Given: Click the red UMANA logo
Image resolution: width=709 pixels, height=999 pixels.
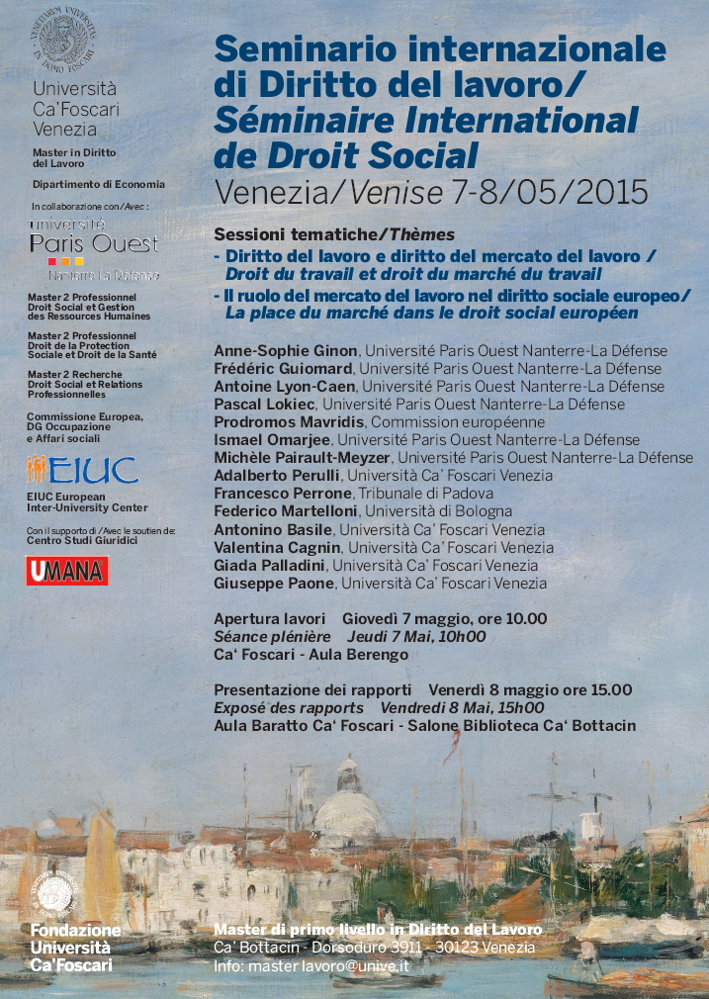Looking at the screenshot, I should pyautogui.click(x=67, y=571).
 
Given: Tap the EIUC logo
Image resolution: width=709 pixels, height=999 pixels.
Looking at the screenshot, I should pyautogui.click(x=83, y=469).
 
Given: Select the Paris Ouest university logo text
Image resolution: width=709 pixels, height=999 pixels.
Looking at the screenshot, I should pyautogui.click(x=94, y=243).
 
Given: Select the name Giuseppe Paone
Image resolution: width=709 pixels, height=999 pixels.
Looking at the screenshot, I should pyautogui.click(x=275, y=584).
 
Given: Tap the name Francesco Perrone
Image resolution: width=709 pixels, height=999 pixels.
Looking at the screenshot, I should pyautogui.click(x=282, y=494).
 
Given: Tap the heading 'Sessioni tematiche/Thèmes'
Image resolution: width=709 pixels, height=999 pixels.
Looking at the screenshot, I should pyautogui.click(x=333, y=234).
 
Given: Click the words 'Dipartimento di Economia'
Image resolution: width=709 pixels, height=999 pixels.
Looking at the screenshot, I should pyautogui.click(x=98, y=184).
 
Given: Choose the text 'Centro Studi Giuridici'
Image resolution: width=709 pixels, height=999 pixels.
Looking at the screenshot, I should pyautogui.click(x=82, y=540).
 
